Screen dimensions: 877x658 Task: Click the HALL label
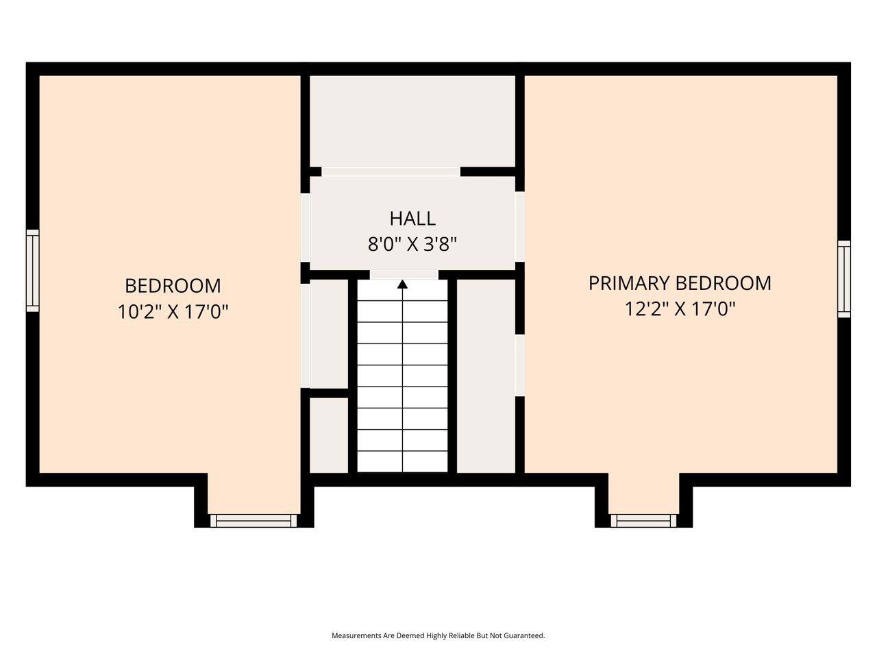(412, 219)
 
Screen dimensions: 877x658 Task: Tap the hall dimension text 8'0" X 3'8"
(412, 244)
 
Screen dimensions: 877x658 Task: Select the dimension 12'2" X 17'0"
(680, 309)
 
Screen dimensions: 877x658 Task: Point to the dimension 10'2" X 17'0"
(173, 312)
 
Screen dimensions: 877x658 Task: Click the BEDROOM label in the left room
(173, 286)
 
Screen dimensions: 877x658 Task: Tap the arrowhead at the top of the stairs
(402, 284)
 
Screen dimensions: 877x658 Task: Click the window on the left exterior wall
(33, 271)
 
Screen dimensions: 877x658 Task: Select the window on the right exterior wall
(844, 279)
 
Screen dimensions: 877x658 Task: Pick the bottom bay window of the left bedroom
(254, 520)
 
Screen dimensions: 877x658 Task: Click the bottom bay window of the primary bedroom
(643, 520)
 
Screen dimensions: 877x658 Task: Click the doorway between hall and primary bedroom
(520, 226)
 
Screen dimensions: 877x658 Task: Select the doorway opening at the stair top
(404, 275)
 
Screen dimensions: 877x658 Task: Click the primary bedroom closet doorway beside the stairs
(520, 365)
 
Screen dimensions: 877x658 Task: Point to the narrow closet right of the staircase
(486, 376)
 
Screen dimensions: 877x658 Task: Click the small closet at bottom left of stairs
(329, 435)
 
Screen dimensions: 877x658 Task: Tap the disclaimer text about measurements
(438, 635)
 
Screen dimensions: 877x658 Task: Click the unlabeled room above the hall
(412, 121)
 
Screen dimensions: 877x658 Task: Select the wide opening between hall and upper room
(391, 172)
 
